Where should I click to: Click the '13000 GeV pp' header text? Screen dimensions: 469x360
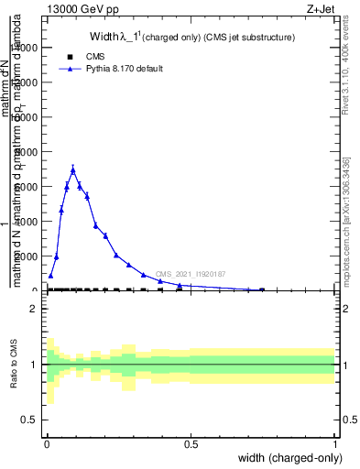80,9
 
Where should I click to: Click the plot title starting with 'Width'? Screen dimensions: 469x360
191,38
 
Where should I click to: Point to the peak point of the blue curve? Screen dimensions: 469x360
72,170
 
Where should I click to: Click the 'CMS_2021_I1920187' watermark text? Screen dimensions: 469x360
190,274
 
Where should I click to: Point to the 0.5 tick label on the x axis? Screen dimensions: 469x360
191,444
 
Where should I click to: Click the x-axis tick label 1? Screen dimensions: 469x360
335,444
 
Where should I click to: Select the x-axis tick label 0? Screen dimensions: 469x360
47,444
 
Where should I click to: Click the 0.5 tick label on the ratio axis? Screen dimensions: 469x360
28,420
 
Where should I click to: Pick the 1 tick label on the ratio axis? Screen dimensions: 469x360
33,365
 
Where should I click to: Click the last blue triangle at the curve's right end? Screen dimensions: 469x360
262,289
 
